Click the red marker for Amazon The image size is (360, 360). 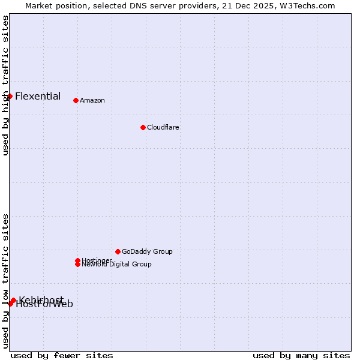[76, 100]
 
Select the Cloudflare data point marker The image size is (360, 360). [143, 127]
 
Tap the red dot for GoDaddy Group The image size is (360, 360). [118, 251]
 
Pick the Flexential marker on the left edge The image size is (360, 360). [10, 96]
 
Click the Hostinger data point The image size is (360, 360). [77, 260]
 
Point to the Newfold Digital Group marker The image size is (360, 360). [77, 264]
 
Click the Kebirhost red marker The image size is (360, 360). [13, 300]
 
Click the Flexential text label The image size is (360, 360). [38, 96]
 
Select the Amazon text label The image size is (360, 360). [92, 100]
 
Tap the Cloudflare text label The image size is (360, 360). [163, 127]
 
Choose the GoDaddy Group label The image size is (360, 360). [147, 251]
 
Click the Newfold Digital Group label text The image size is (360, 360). [117, 265]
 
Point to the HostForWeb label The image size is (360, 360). [45, 305]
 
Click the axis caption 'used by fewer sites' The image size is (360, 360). [62, 355]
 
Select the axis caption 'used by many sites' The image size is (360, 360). [301, 355]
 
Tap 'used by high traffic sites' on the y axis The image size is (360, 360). [5, 85]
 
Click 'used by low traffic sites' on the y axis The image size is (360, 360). [5, 280]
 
